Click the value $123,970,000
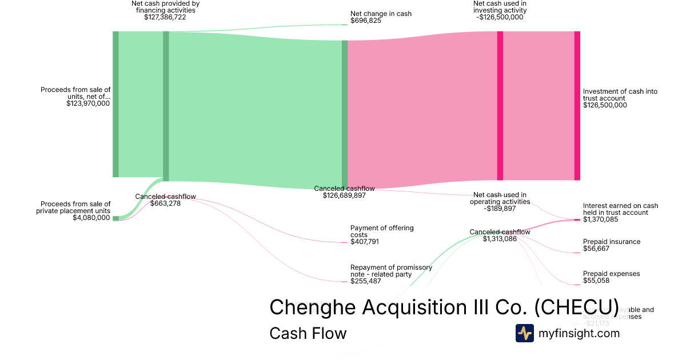click(88, 103)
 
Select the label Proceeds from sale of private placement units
click(75, 207)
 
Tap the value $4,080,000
click(91, 218)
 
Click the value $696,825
click(366, 21)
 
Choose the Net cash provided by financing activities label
click(165, 7)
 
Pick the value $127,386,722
click(165, 17)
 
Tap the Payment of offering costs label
click(382, 231)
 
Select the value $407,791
click(365, 242)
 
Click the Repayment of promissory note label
click(391, 270)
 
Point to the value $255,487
click(365, 281)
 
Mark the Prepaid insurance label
click(612, 242)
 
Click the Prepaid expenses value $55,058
click(596, 281)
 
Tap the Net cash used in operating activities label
click(500, 198)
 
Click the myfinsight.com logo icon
click(524, 333)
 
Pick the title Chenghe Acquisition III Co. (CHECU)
click(444, 307)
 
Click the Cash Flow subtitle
click(308, 333)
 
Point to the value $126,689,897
click(344, 195)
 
